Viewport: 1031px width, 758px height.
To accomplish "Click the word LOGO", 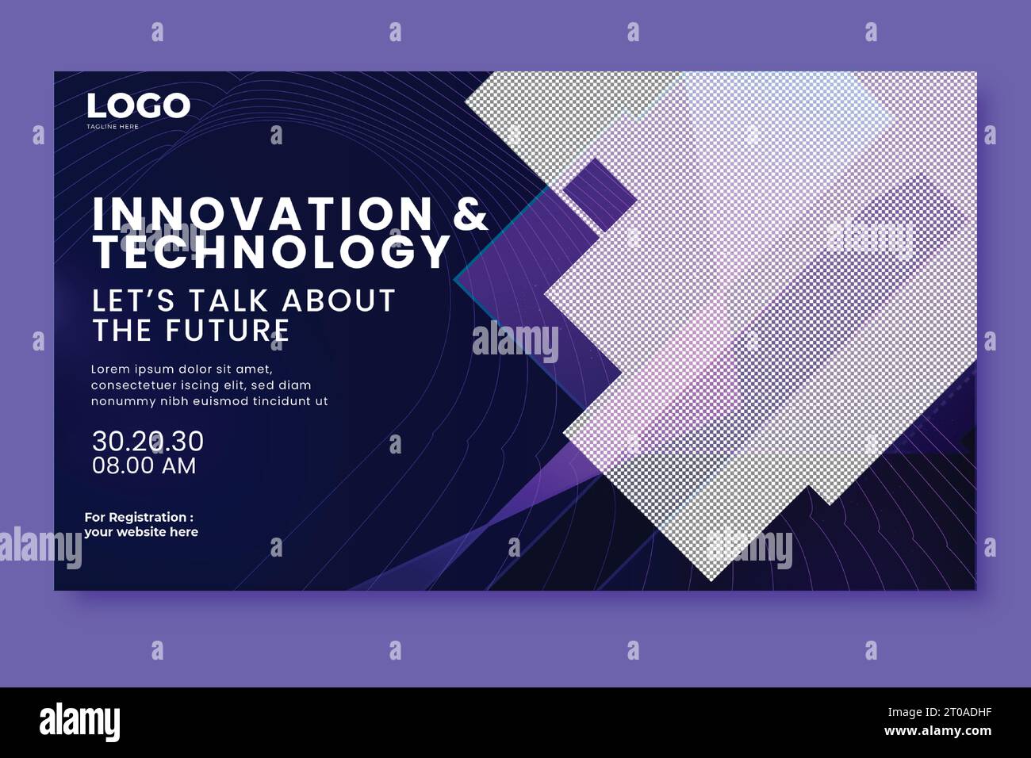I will coord(139,106).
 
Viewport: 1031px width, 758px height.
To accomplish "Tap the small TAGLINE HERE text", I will coord(113,127).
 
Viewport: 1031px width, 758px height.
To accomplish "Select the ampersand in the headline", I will coord(471,214).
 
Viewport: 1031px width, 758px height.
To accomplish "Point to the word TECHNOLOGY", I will coord(271,252).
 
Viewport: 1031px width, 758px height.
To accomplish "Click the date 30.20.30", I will coord(148,440).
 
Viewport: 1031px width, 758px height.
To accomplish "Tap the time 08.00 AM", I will coord(144,465).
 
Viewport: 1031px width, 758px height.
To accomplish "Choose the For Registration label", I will coord(139,517).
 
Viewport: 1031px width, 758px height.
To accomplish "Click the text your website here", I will coord(141,532).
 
